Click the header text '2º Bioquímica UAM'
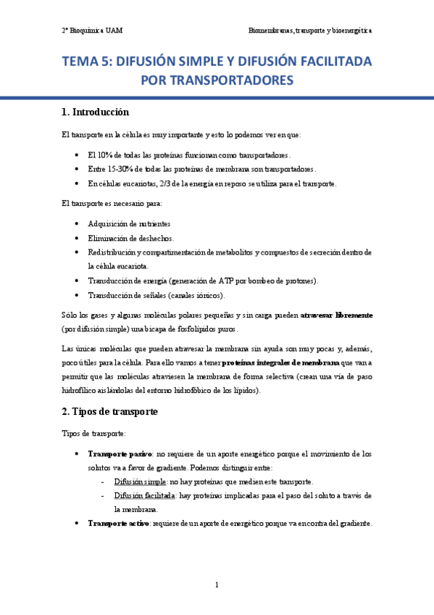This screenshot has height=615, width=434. coord(92,32)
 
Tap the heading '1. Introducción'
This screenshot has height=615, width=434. coord(96,112)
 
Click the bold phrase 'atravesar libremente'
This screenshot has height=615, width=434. coord(338,315)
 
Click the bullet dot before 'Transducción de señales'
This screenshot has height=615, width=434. coord(78,295)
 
